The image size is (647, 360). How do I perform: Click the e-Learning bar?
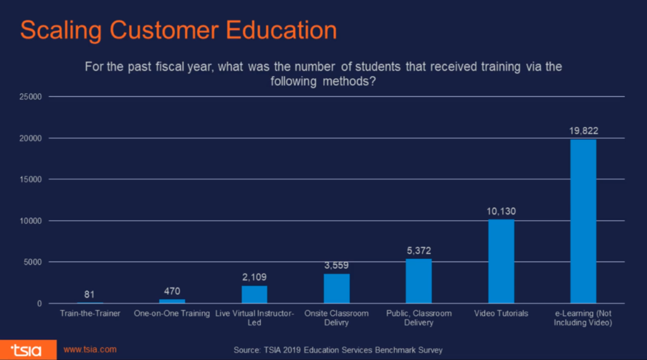coord(583,221)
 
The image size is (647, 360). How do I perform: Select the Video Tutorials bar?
coord(501,261)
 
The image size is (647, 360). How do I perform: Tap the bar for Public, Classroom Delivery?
coord(418,281)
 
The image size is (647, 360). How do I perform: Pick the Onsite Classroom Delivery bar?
coord(336,289)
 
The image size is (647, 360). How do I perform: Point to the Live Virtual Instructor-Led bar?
coord(254,295)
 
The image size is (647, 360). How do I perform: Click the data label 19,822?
coord(583,131)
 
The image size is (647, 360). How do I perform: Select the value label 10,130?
coord(501,211)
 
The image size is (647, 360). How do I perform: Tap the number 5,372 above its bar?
coord(418,251)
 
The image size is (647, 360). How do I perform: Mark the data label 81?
coord(90,294)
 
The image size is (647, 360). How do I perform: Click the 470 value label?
coord(172,291)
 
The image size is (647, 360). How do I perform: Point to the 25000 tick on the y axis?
coord(29,97)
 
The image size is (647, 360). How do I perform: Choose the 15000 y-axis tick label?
coord(29,179)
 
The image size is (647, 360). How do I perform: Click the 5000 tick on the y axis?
coord(31,262)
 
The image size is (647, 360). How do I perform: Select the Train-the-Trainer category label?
coord(90,313)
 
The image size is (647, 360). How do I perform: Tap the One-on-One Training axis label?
coord(172,313)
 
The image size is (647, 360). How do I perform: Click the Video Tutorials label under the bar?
coord(501,313)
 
